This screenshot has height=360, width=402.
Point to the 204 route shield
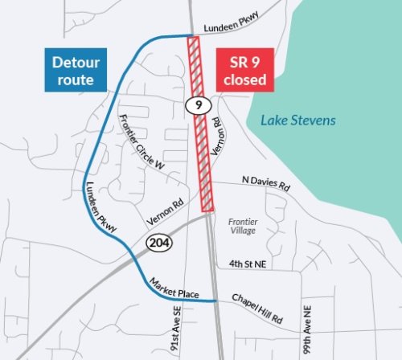click(x=156, y=241)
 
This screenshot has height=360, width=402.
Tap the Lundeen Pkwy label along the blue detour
click(x=101, y=207)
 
